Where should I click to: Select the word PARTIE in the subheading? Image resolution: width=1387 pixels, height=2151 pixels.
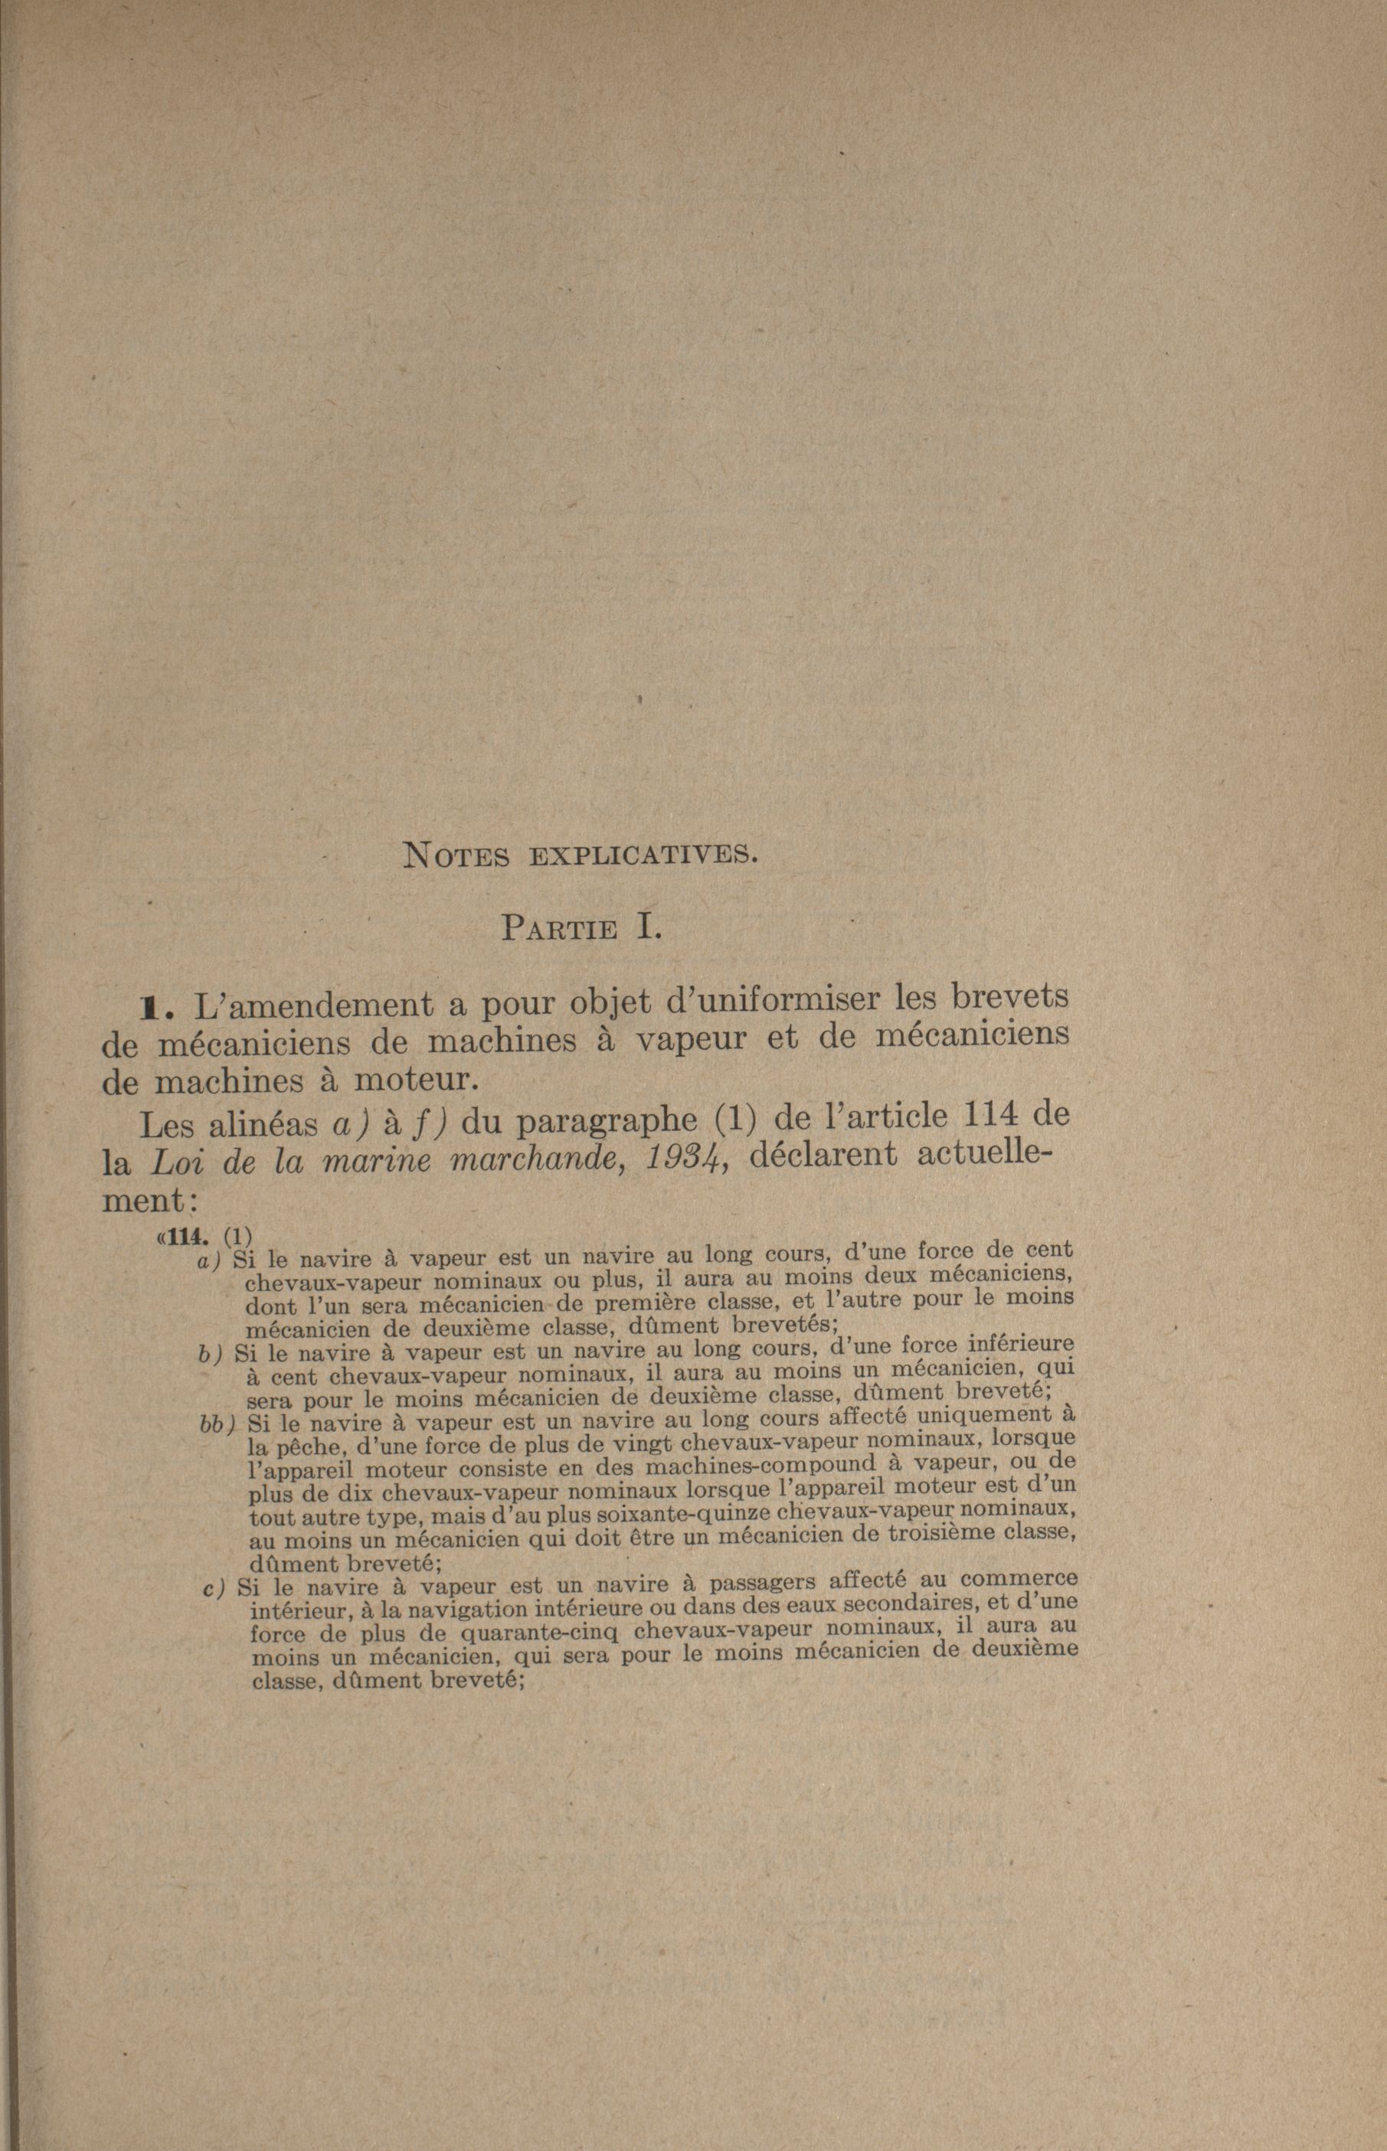559,927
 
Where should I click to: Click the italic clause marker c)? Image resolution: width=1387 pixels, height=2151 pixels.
214,1589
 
